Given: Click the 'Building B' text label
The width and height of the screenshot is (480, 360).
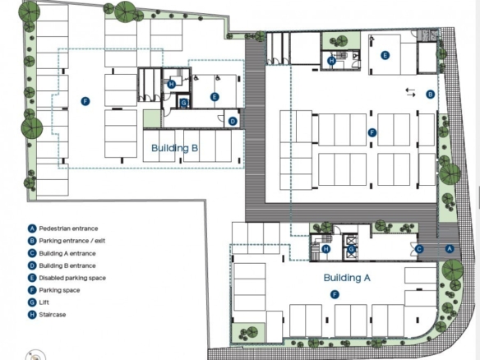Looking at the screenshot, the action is point(175,149).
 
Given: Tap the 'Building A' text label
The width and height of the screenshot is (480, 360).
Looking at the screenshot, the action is point(347,278).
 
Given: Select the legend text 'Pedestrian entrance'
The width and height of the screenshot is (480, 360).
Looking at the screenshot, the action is point(68,228).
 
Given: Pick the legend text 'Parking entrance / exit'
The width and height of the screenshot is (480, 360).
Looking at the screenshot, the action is point(72,241).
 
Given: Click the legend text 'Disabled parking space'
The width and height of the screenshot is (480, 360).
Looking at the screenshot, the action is point(72,278).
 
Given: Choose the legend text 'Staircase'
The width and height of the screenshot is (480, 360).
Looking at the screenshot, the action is point(53,315).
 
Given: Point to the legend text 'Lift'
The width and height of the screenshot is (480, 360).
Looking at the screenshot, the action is point(44,302).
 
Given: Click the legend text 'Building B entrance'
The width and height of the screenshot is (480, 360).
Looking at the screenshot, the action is point(67,265).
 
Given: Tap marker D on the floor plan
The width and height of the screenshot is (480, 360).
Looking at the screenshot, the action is point(233,121).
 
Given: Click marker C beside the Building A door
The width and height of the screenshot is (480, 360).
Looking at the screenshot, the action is point(419,249).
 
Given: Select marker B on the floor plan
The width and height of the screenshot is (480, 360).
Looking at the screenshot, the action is point(431,95).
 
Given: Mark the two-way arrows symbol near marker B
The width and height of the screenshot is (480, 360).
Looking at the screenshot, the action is point(410,92).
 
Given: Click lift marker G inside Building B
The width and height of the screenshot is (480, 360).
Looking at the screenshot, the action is point(183,103).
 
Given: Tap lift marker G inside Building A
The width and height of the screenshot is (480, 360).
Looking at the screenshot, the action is point(351,249).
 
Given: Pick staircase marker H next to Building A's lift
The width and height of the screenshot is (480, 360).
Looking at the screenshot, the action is point(326,249).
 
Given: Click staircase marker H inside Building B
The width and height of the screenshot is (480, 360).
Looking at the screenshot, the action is point(172,84).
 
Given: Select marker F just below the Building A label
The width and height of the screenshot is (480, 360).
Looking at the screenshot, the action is point(335,295).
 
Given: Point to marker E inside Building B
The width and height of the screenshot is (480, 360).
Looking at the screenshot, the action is point(215,97).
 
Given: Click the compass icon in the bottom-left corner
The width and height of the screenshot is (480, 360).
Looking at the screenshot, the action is point(36,355).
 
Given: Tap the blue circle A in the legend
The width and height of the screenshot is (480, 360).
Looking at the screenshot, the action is point(32,228).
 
